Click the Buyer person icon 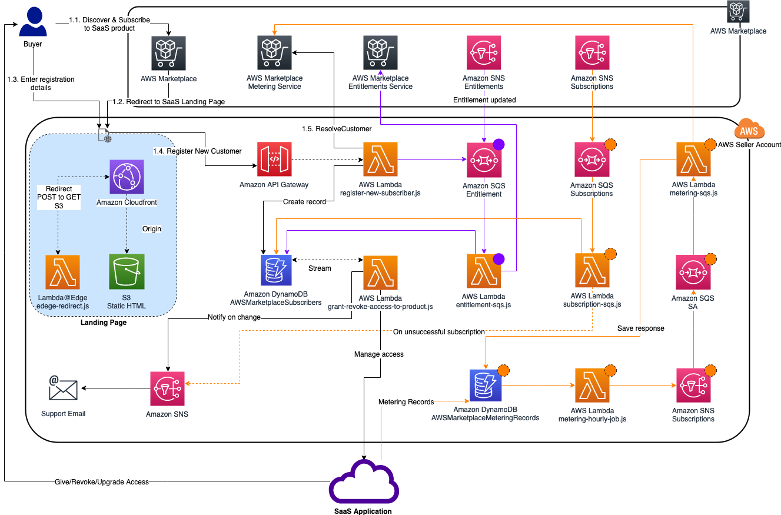[x=33, y=22]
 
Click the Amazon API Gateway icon [x=274, y=160]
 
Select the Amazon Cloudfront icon [x=125, y=177]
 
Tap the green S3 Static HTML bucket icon [x=125, y=271]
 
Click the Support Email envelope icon [x=63, y=388]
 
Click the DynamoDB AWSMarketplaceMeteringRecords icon [x=486, y=387]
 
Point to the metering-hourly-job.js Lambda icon [x=591, y=386]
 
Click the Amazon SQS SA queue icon [x=693, y=272]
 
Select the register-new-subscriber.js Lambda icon [x=380, y=160]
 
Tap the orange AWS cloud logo [x=749, y=131]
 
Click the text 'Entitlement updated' [x=484, y=100]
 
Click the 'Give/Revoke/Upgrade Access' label [x=98, y=481]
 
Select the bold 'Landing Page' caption [x=103, y=323]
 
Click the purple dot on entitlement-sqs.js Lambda [x=498, y=258]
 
